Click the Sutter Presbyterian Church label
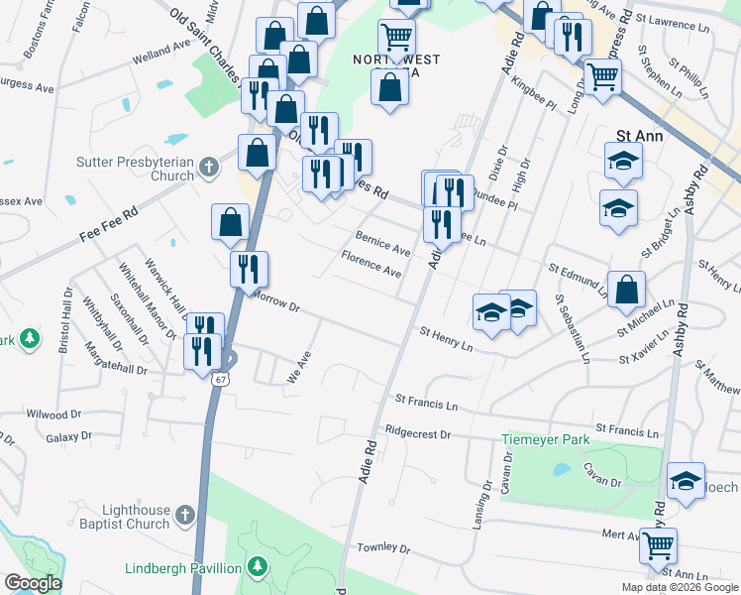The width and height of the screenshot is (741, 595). pos(135,169)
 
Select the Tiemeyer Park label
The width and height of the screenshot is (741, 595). pos(545,439)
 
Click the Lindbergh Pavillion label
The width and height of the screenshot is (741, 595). pos(182,568)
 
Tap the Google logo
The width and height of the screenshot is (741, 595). pos(33,583)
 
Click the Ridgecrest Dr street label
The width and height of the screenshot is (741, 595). pos(418,433)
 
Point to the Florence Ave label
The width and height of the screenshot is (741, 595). pos(371,264)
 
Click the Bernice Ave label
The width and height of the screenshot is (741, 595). pos(382,243)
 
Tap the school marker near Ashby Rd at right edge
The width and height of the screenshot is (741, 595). pos(687,481)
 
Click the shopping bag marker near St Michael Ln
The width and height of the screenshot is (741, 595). pos(626,290)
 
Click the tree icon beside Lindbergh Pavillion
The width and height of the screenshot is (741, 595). pos(258,567)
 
